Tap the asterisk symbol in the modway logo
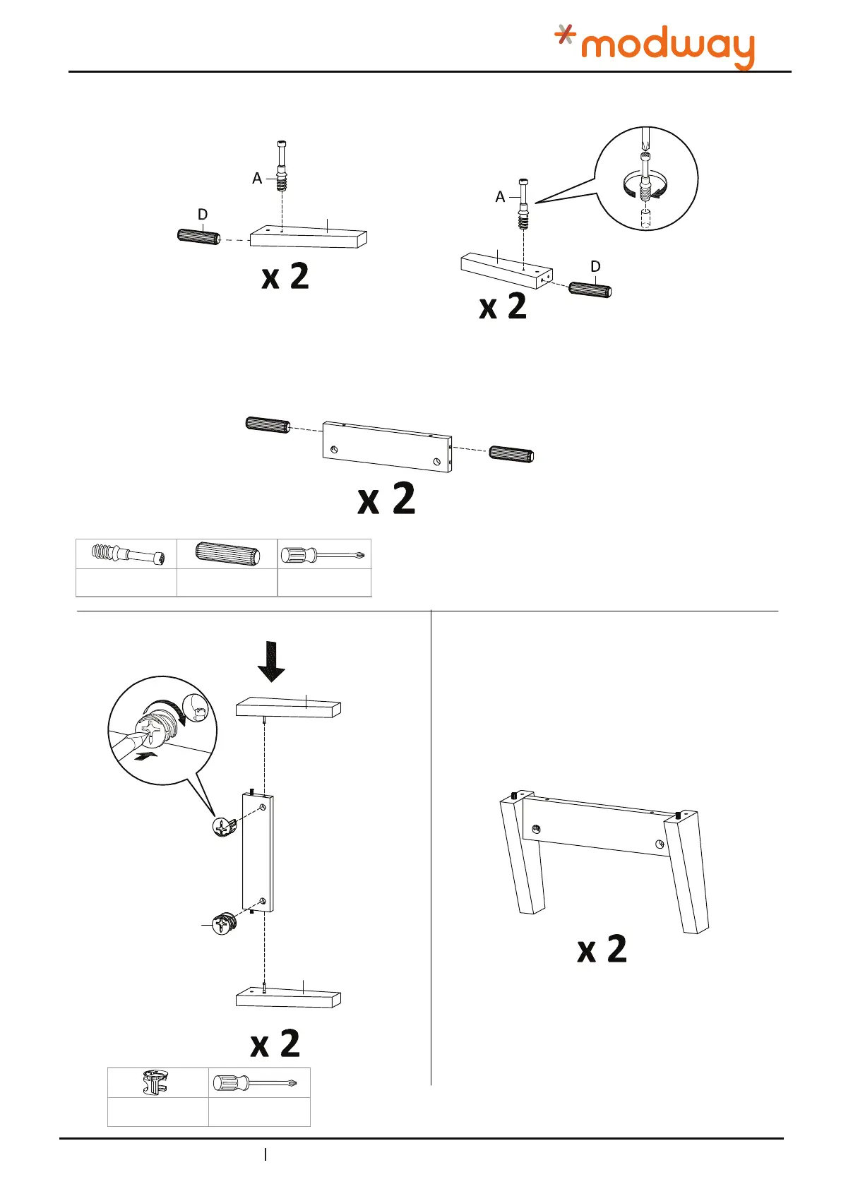[x=564, y=34]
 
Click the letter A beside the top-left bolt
[x=257, y=179]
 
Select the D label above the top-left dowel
[x=203, y=214]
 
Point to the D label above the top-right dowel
[x=595, y=266]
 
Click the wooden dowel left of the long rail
[x=268, y=424]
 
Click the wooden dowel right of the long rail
[x=512, y=455]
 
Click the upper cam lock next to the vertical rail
[x=224, y=826]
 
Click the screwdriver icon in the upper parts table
[x=323, y=554]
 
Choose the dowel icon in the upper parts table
[x=227, y=554]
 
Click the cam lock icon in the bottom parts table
[x=157, y=1082]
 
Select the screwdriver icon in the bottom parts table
[x=259, y=1082]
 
